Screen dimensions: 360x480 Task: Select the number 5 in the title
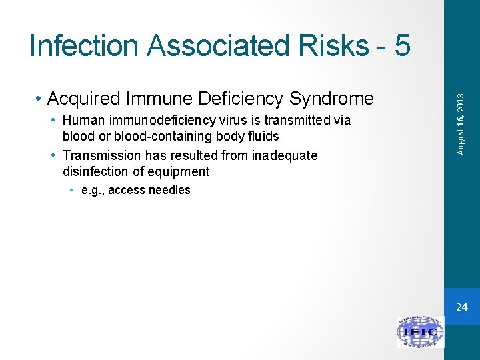point(402,46)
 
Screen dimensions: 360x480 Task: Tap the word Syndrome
point(331,99)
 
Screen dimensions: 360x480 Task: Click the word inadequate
point(285,155)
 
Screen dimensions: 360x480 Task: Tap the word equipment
point(179,171)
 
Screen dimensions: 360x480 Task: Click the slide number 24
point(461,307)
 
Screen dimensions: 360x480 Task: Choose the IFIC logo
point(421,332)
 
